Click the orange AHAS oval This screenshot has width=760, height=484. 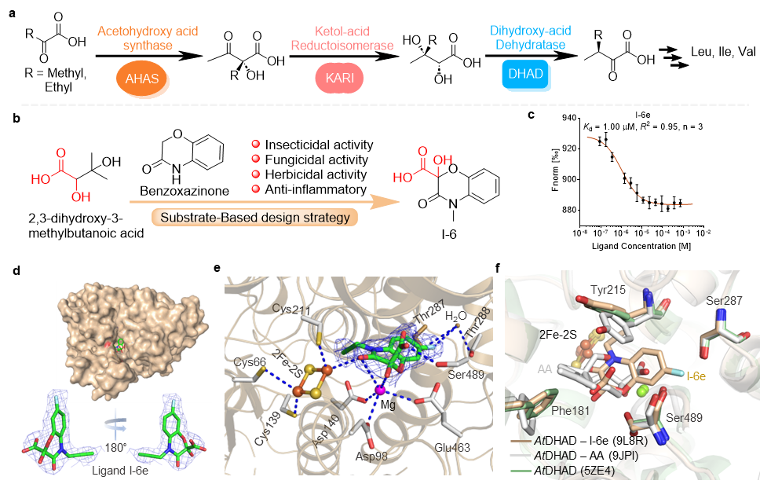143,79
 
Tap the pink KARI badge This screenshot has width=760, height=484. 340,79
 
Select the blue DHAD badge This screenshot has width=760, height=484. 526,76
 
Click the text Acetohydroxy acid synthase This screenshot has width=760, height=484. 148,38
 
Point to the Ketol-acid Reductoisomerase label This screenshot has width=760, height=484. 342,38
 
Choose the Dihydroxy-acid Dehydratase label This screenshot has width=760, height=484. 530,38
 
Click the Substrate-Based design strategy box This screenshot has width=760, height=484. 254,217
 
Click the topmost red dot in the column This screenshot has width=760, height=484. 255,144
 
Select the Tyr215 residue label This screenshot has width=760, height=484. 609,290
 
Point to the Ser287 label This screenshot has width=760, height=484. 724,301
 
